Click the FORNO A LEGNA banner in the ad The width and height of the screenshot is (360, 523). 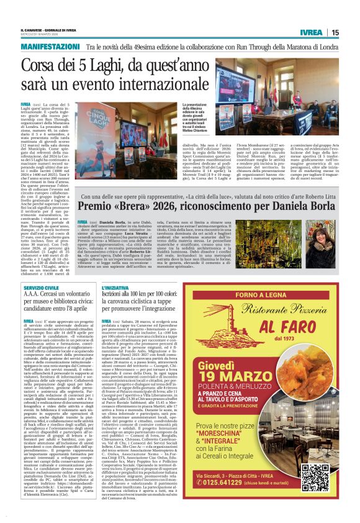pyautogui.click(x=275, y=295)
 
